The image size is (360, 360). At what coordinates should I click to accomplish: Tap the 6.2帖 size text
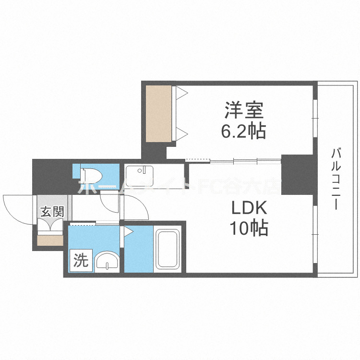244,131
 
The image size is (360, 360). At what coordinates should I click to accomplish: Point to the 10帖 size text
249,228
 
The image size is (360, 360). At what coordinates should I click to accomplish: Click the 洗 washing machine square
80,261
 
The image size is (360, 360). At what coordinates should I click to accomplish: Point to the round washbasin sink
106,263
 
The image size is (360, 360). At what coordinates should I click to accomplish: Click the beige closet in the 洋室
159,114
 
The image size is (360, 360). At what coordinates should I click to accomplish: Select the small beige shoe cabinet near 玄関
49,239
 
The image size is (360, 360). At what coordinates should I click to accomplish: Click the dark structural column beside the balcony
296,173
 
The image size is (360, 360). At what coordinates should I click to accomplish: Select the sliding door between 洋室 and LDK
233,160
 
